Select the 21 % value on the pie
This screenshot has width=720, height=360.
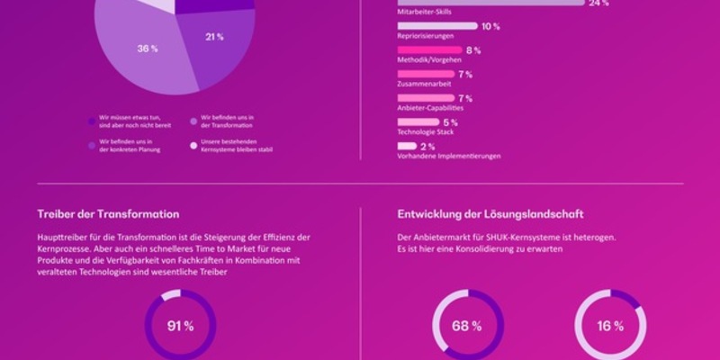pos(214,37)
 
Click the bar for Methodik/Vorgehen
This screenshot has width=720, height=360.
pos(428,49)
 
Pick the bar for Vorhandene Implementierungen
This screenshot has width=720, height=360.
pos(407,146)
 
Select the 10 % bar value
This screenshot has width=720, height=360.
pos(490,26)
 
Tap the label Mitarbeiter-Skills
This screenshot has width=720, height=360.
pos(424,13)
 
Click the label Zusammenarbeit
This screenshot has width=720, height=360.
pos(424,84)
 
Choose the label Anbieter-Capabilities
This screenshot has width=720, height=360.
pos(430,108)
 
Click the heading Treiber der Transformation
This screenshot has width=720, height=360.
pos(108,214)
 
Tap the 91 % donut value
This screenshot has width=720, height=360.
pos(180,326)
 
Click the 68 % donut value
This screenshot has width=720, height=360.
pos(467,326)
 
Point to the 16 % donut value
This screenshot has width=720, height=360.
pos(611,326)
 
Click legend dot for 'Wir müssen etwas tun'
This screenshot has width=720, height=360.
pos(92,120)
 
